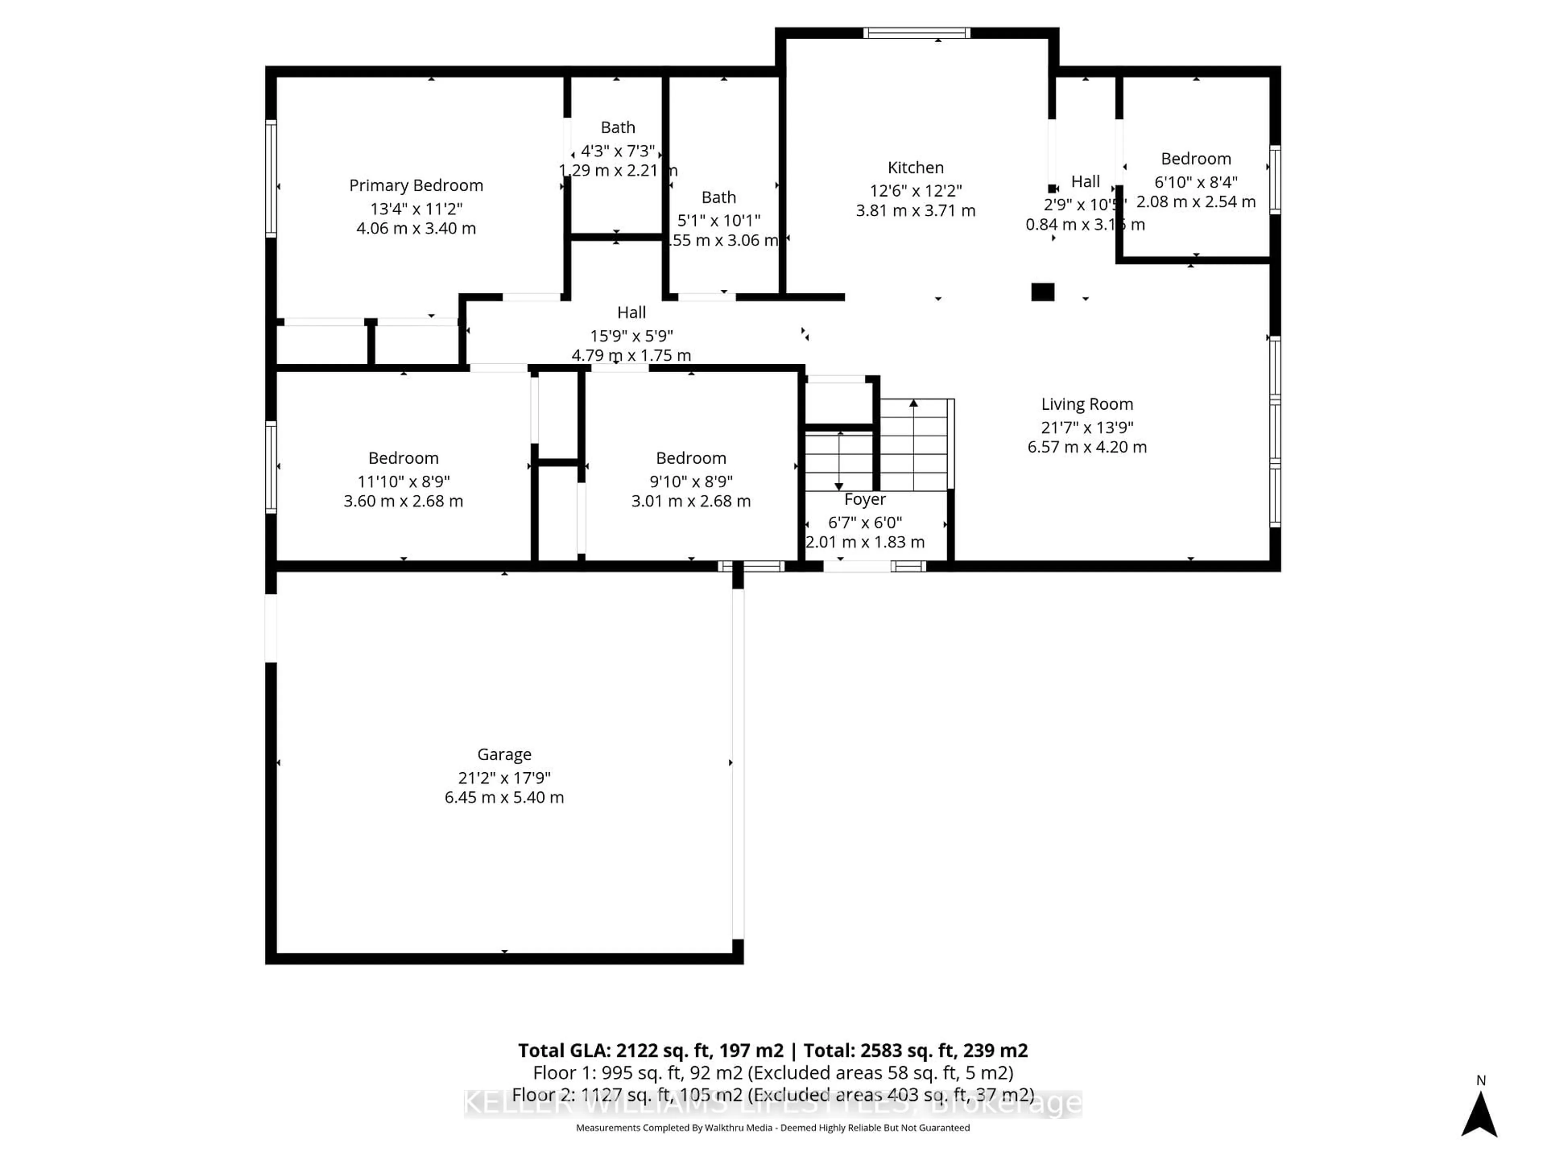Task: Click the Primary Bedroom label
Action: pyautogui.click(x=416, y=185)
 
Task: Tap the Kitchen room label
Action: pyautogui.click(x=916, y=168)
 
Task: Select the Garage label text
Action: pyautogui.click(x=504, y=755)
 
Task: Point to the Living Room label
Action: pyautogui.click(x=1087, y=404)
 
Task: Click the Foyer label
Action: pyautogui.click(x=864, y=499)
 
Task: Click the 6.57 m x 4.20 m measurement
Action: pyautogui.click(x=1087, y=447)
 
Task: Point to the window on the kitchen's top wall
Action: pyautogui.click(x=916, y=33)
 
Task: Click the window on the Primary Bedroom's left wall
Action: pyautogui.click(x=271, y=178)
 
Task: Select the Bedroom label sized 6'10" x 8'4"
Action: pyautogui.click(x=1196, y=159)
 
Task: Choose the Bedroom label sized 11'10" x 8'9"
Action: pyautogui.click(x=403, y=458)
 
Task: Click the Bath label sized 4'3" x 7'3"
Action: pyautogui.click(x=618, y=127)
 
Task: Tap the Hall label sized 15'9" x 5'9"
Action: pyautogui.click(x=631, y=312)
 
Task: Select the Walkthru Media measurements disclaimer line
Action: pyautogui.click(x=772, y=1128)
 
